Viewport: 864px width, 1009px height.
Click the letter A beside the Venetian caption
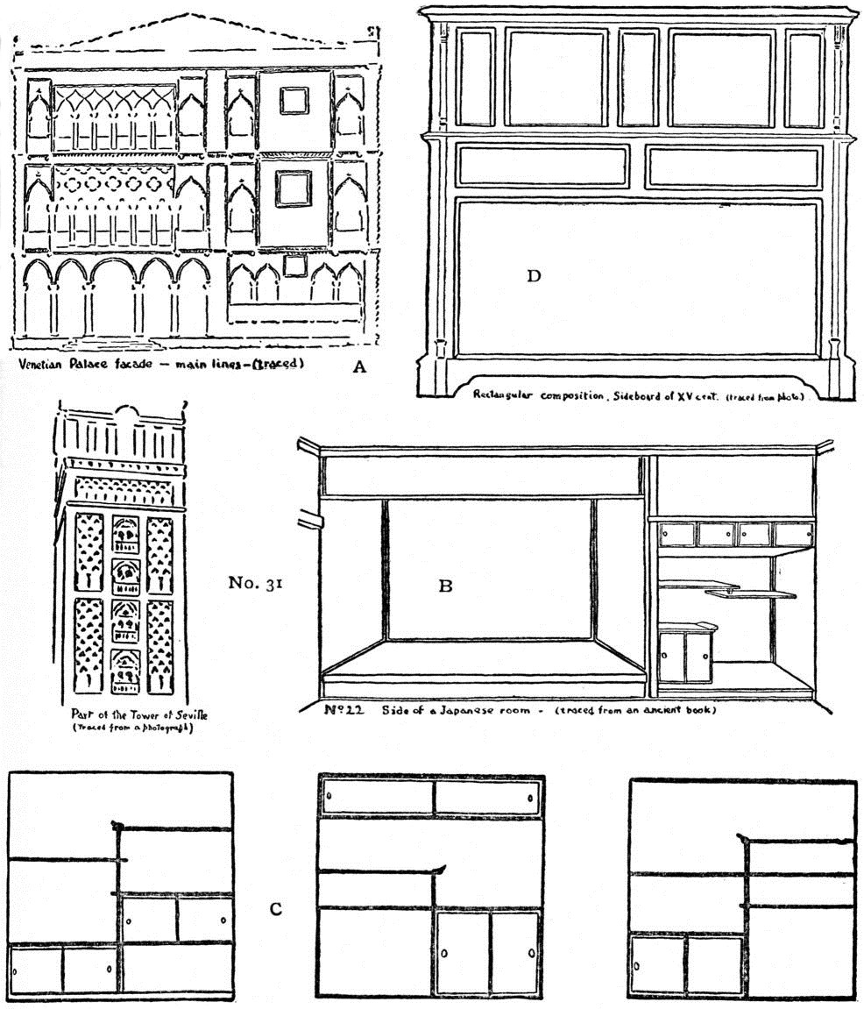point(358,368)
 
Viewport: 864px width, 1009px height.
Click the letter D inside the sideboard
point(534,277)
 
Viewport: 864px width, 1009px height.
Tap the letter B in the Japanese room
point(445,586)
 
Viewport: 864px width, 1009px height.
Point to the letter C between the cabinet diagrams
point(275,909)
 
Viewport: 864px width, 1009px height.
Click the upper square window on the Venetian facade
point(294,101)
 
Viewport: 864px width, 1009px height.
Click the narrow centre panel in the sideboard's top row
point(637,77)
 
